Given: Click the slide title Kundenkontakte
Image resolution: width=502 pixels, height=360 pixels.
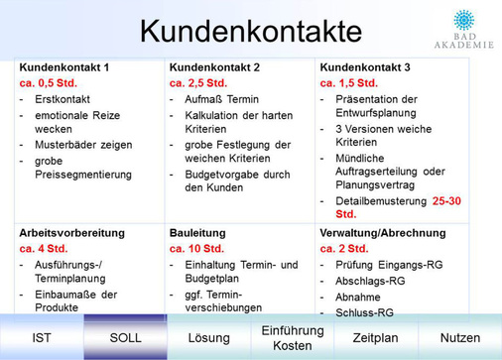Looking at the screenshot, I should (x=249, y=31).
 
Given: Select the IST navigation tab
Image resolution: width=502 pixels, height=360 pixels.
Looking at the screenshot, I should (x=42, y=339).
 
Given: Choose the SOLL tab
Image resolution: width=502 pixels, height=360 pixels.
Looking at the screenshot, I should (x=126, y=339).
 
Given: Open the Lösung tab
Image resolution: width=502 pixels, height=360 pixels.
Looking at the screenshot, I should (x=208, y=339).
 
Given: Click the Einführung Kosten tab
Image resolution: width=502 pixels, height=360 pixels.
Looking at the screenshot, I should (x=293, y=338).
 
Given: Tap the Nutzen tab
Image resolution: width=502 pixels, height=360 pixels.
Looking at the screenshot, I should (x=459, y=339).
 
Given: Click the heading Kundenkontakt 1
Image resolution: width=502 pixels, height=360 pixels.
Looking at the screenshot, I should (x=64, y=66).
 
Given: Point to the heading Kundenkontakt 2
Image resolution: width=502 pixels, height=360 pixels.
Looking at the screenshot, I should (x=213, y=66).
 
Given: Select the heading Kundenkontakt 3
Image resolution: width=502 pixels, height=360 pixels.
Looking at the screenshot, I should (x=364, y=66).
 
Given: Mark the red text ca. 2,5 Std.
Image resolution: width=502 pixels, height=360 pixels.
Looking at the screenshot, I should (x=198, y=83).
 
